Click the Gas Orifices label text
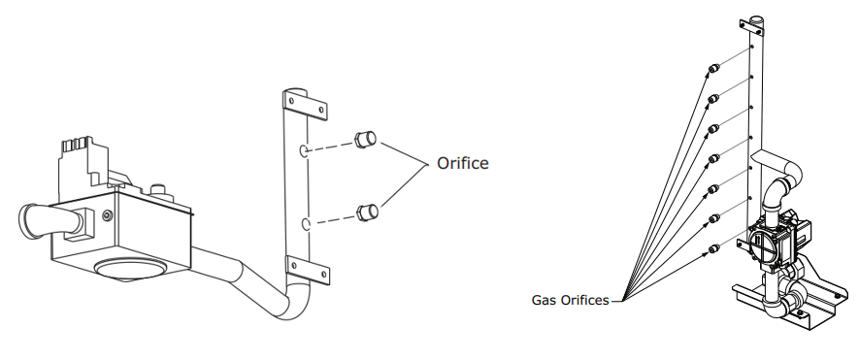571,300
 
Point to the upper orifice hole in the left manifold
305,151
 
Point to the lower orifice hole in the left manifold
306,224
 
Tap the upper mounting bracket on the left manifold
303,102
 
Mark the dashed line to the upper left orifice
331,147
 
